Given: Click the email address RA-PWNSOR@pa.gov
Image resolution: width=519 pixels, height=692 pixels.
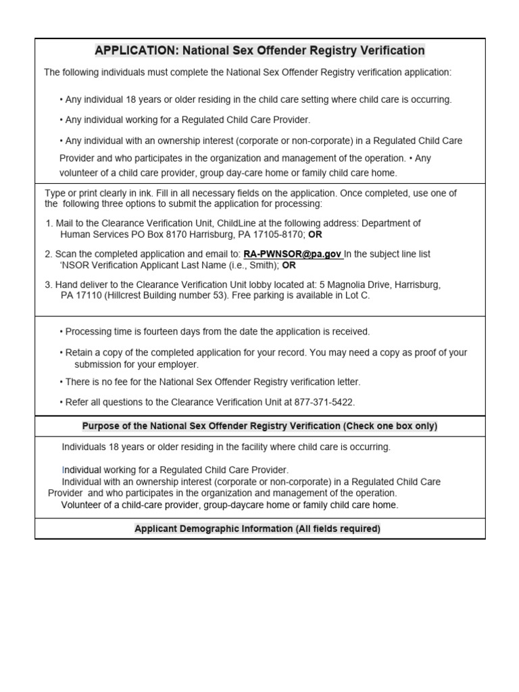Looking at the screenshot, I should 293,254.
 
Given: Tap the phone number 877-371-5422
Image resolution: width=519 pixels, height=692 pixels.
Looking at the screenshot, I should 324,402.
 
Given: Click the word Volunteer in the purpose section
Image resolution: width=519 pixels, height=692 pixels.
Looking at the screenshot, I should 82,505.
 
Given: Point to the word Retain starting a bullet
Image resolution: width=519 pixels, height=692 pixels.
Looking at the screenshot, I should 78,353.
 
